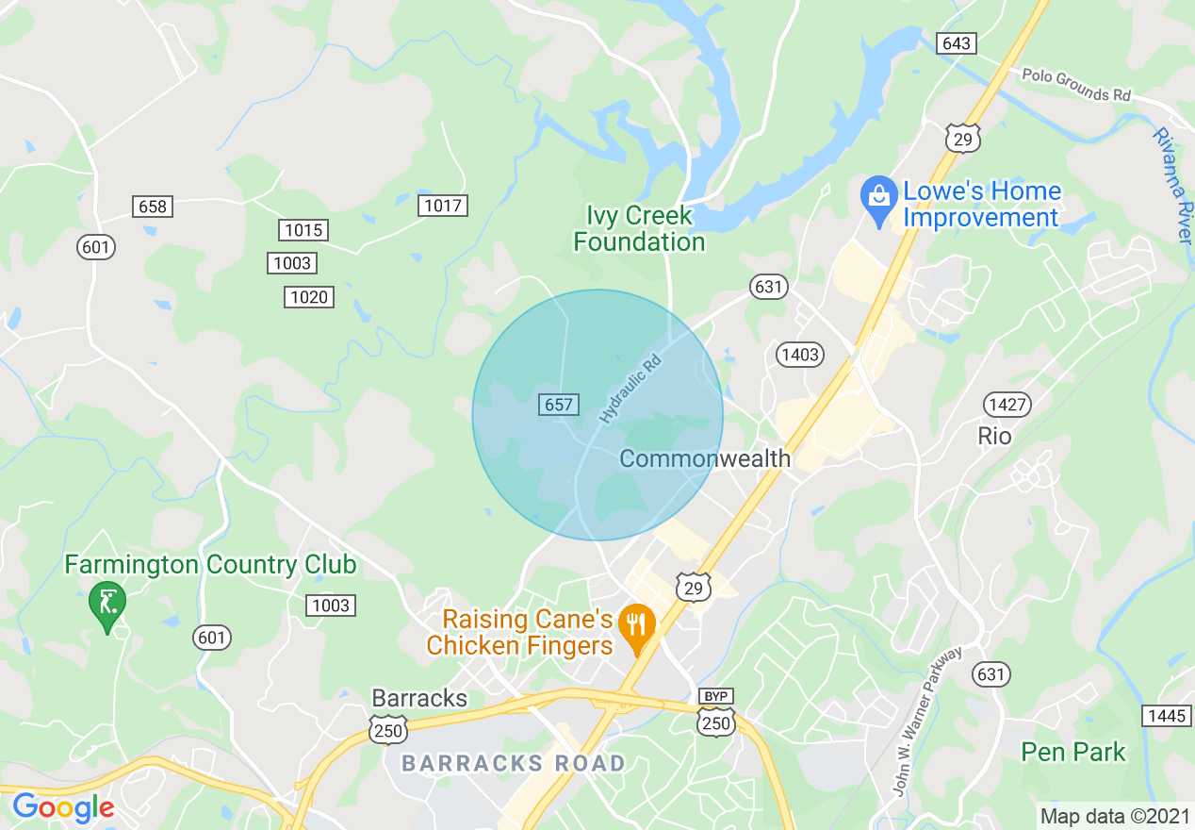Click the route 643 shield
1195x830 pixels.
pyautogui.click(x=955, y=43)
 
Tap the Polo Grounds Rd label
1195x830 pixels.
pyautogui.click(x=1076, y=85)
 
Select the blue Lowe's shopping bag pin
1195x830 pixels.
pyautogui.click(x=878, y=199)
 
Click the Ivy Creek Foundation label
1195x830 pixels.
pyautogui.click(x=639, y=229)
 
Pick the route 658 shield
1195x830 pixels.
pyautogui.click(x=152, y=207)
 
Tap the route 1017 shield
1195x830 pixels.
pyautogui.click(x=443, y=206)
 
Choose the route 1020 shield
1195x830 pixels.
pyautogui.click(x=309, y=297)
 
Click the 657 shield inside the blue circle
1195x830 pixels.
pyautogui.click(x=558, y=405)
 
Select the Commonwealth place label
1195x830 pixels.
pyautogui.click(x=705, y=459)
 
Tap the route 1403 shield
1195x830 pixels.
pyautogui.click(x=799, y=355)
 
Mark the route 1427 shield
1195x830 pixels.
pyautogui.click(x=1007, y=406)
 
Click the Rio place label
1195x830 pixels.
pyautogui.click(x=994, y=436)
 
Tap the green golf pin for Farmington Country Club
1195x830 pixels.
pyautogui.click(x=106, y=603)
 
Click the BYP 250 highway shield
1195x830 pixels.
pyautogui.click(x=716, y=714)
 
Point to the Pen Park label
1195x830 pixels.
pyautogui.click(x=1073, y=752)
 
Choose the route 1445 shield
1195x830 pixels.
pyautogui.click(x=1165, y=716)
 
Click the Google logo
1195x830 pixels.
pyautogui.click(x=63, y=807)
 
